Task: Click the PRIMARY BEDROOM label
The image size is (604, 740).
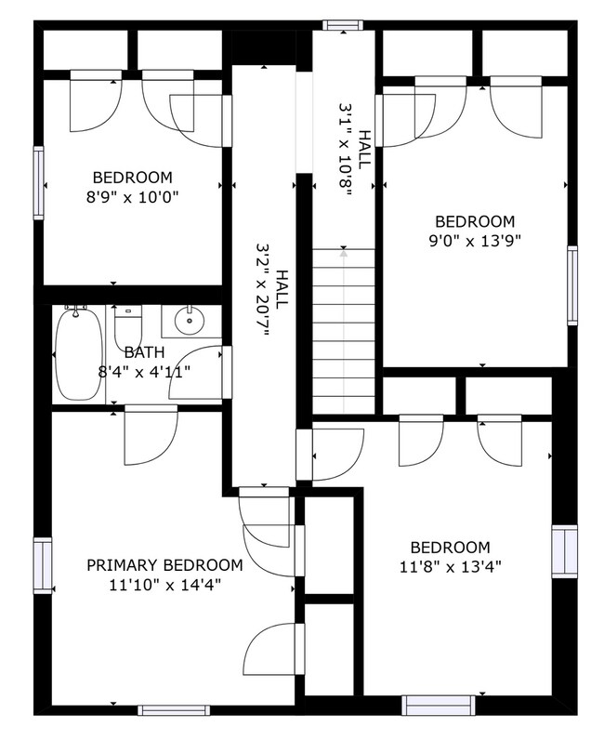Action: [164, 565]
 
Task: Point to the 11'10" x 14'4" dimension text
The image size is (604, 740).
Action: [164, 585]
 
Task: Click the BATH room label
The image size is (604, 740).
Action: [144, 352]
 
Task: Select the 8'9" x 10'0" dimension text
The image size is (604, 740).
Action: [132, 197]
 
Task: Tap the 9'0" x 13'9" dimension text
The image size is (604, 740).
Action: [475, 241]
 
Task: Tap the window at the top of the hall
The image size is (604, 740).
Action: [339, 25]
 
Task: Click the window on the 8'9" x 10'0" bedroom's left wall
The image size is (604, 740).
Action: [39, 183]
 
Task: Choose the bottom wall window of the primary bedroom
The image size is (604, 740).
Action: [167, 710]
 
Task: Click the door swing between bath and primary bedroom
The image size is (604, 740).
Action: [149, 435]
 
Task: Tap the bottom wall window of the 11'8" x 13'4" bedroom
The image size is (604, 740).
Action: [432, 706]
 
